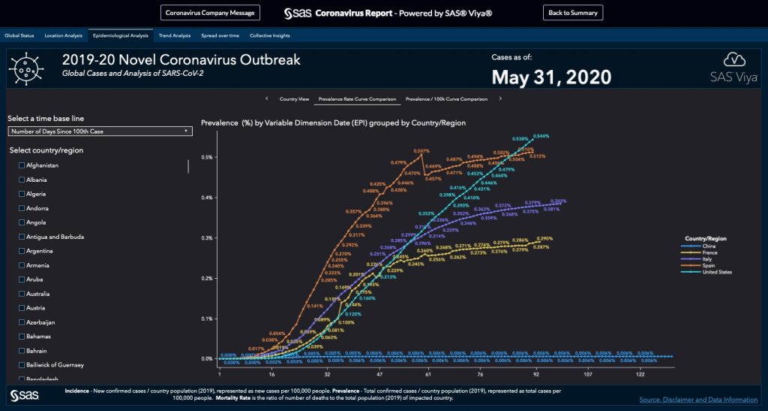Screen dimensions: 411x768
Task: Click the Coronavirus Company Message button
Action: (211, 13)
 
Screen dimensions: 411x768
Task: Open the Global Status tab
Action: (19, 35)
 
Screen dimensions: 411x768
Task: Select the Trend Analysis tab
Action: (175, 35)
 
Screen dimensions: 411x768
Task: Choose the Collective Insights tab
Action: (270, 35)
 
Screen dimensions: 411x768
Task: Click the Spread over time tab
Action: (220, 35)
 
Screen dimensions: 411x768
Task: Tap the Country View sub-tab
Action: (294, 98)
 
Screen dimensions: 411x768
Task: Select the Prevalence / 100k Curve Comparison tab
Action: (446, 98)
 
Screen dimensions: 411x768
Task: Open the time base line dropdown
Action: (100, 131)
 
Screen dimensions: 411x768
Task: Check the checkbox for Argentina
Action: (22, 251)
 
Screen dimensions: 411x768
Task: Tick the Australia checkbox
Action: (22, 294)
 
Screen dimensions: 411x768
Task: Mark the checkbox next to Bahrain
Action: (22, 351)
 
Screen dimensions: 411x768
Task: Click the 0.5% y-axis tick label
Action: (206, 157)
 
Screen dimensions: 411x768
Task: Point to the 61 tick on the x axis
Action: (427, 373)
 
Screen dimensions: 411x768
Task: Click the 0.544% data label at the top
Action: (541, 136)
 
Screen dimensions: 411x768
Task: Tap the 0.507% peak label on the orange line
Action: (421, 151)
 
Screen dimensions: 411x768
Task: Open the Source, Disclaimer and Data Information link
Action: (697, 400)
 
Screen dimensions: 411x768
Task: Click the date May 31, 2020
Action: (551, 77)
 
